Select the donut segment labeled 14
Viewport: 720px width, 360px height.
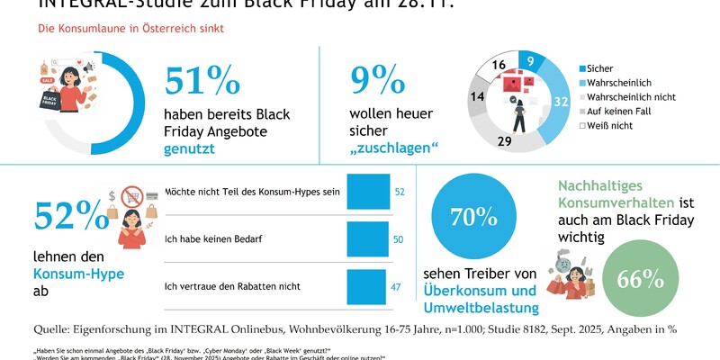click(x=478, y=97)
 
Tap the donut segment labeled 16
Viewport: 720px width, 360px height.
click(x=498, y=64)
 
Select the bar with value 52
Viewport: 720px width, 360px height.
click(x=368, y=193)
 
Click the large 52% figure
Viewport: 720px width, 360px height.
click(x=70, y=216)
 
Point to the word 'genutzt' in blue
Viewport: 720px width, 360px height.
click(x=195, y=149)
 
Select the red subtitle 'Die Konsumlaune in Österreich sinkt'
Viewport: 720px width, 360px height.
click(x=130, y=29)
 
